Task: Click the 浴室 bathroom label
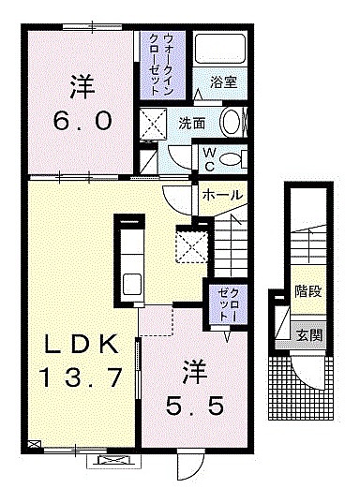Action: coord(224,82)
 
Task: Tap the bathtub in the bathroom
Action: coord(220,48)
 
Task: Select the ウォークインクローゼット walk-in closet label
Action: coord(162,65)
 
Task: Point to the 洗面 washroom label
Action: coord(192,124)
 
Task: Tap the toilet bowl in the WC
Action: coord(231,159)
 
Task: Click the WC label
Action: coord(210,159)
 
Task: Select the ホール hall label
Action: coord(222,195)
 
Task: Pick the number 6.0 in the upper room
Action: coord(82,122)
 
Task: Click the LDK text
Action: coord(81,345)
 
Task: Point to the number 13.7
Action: coord(81,377)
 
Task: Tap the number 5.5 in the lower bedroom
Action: coord(194,406)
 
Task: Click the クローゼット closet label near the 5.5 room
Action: coord(229,304)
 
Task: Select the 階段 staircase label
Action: coord(308,291)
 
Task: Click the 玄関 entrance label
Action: coord(308,335)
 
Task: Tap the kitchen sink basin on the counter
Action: coord(132,284)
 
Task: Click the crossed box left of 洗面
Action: coord(154,124)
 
